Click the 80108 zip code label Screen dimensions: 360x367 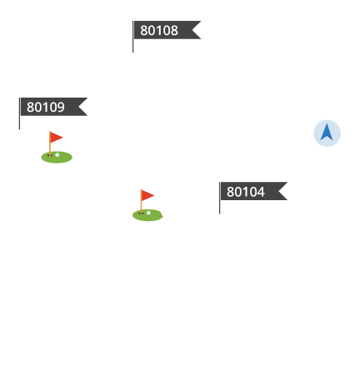click(159, 30)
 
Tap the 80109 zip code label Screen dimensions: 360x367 click(46, 107)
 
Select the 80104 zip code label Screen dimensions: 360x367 click(246, 192)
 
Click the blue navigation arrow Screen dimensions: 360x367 click(327, 133)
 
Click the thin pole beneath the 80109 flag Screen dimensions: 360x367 click(19, 123)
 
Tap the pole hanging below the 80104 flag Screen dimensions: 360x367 click(220, 207)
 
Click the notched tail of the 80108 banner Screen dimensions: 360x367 click(196, 30)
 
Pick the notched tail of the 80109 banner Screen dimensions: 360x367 click(82, 107)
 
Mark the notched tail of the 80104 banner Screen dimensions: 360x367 click(282, 191)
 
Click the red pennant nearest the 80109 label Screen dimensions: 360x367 click(57, 138)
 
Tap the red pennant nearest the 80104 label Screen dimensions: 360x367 click(147, 195)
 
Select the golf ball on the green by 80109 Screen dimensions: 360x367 click(57, 155)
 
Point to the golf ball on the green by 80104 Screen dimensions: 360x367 click(148, 213)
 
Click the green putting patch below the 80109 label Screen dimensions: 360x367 click(57, 158)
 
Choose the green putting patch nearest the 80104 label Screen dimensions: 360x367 click(147, 215)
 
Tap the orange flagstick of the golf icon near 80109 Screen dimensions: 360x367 click(50, 143)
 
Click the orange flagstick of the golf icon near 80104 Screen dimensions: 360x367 click(141, 202)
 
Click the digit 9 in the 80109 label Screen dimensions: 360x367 click(61, 108)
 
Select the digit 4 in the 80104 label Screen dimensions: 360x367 click(261, 192)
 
